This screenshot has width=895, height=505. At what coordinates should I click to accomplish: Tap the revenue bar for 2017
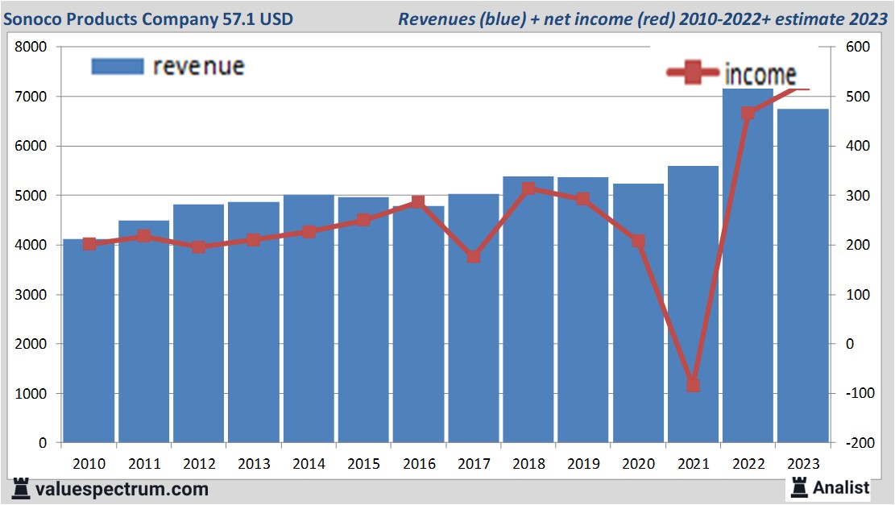click(474, 322)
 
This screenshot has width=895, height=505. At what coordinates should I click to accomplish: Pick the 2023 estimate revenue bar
click(803, 278)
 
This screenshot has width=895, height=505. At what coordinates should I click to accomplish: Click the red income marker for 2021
click(693, 385)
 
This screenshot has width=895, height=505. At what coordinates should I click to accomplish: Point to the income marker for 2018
click(528, 189)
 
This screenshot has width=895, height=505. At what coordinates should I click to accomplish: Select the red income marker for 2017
click(474, 257)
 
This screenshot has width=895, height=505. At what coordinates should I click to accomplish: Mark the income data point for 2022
click(748, 114)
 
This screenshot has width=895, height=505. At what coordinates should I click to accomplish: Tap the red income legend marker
click(692, 73)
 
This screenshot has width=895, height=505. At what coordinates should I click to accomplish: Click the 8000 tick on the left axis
click(32, 48)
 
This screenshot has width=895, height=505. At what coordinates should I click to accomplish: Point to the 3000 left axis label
click(32, 295)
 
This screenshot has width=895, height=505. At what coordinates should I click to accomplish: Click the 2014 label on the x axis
click(309, 464)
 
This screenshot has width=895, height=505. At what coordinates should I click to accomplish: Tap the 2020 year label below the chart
click(638, 464)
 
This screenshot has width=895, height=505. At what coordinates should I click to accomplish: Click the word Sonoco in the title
click(35, 18)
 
